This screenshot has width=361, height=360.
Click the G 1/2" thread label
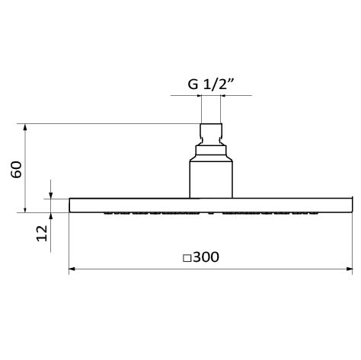[210, 84]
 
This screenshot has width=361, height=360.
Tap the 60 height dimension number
[17, 169]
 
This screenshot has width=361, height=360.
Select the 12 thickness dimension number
[42, 233]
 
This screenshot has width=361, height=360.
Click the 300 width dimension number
[206, 257]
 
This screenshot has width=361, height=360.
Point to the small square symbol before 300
[187, 258]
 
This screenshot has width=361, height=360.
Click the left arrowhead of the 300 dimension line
[72, 269]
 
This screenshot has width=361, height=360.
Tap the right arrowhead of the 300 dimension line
[350, 269]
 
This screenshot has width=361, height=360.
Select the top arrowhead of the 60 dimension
[25, 127]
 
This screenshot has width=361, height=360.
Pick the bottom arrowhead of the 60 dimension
[25, 209]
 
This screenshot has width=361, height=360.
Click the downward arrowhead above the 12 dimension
[51, 196]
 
